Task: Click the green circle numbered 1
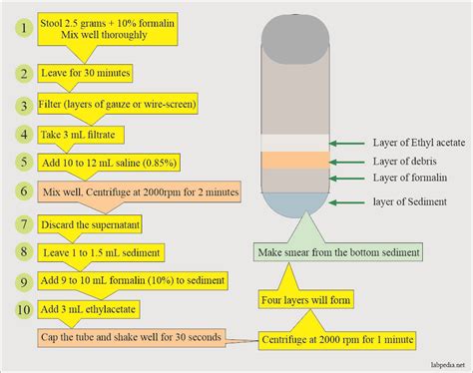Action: pyautogui.click(x=21, y=28)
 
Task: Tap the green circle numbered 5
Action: pyautogui.click(x=21, y=161)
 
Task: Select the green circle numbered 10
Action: pyautogui.click(x=21, y=310)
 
